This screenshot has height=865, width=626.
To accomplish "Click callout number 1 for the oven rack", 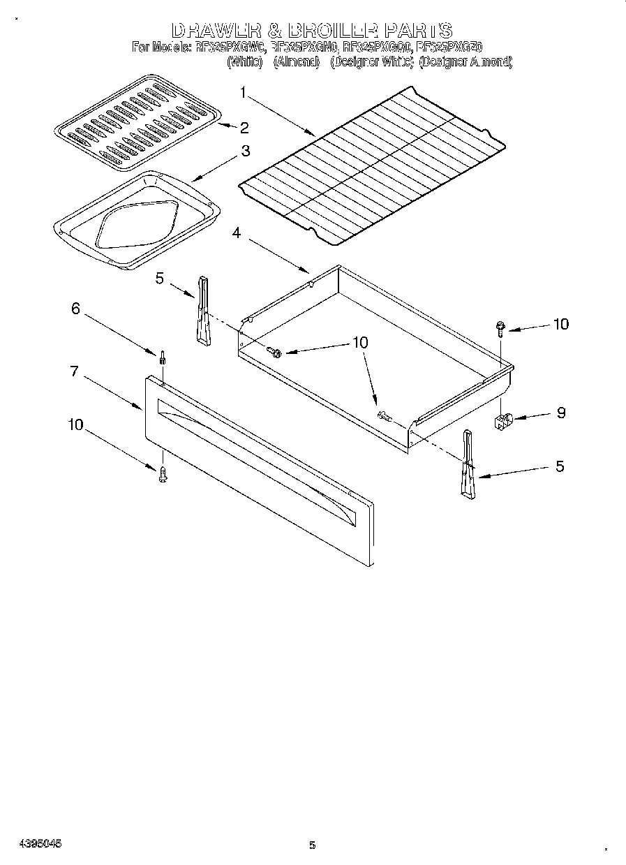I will [x=243, y=91].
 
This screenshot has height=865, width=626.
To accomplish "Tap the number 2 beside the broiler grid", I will [x=244, y=127].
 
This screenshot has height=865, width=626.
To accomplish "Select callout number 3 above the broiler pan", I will [x=246, y=150].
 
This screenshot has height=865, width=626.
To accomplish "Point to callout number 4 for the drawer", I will [x=237, y=233].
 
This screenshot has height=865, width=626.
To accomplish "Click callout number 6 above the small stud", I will [x=76, y=309].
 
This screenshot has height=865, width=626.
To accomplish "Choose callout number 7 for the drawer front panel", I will [x=74, y=371].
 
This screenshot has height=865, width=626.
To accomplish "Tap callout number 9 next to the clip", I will [x=560, y=413].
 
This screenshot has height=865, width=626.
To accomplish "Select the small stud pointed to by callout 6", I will [x=163, y=357].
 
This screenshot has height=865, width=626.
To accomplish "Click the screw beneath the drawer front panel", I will [x=162, y=475].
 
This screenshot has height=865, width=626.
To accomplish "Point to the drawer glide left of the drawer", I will [x=202, y=310].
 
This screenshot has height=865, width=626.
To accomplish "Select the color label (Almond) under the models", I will [x=296, y=62].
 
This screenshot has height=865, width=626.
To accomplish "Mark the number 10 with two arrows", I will [x=360, y=342].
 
